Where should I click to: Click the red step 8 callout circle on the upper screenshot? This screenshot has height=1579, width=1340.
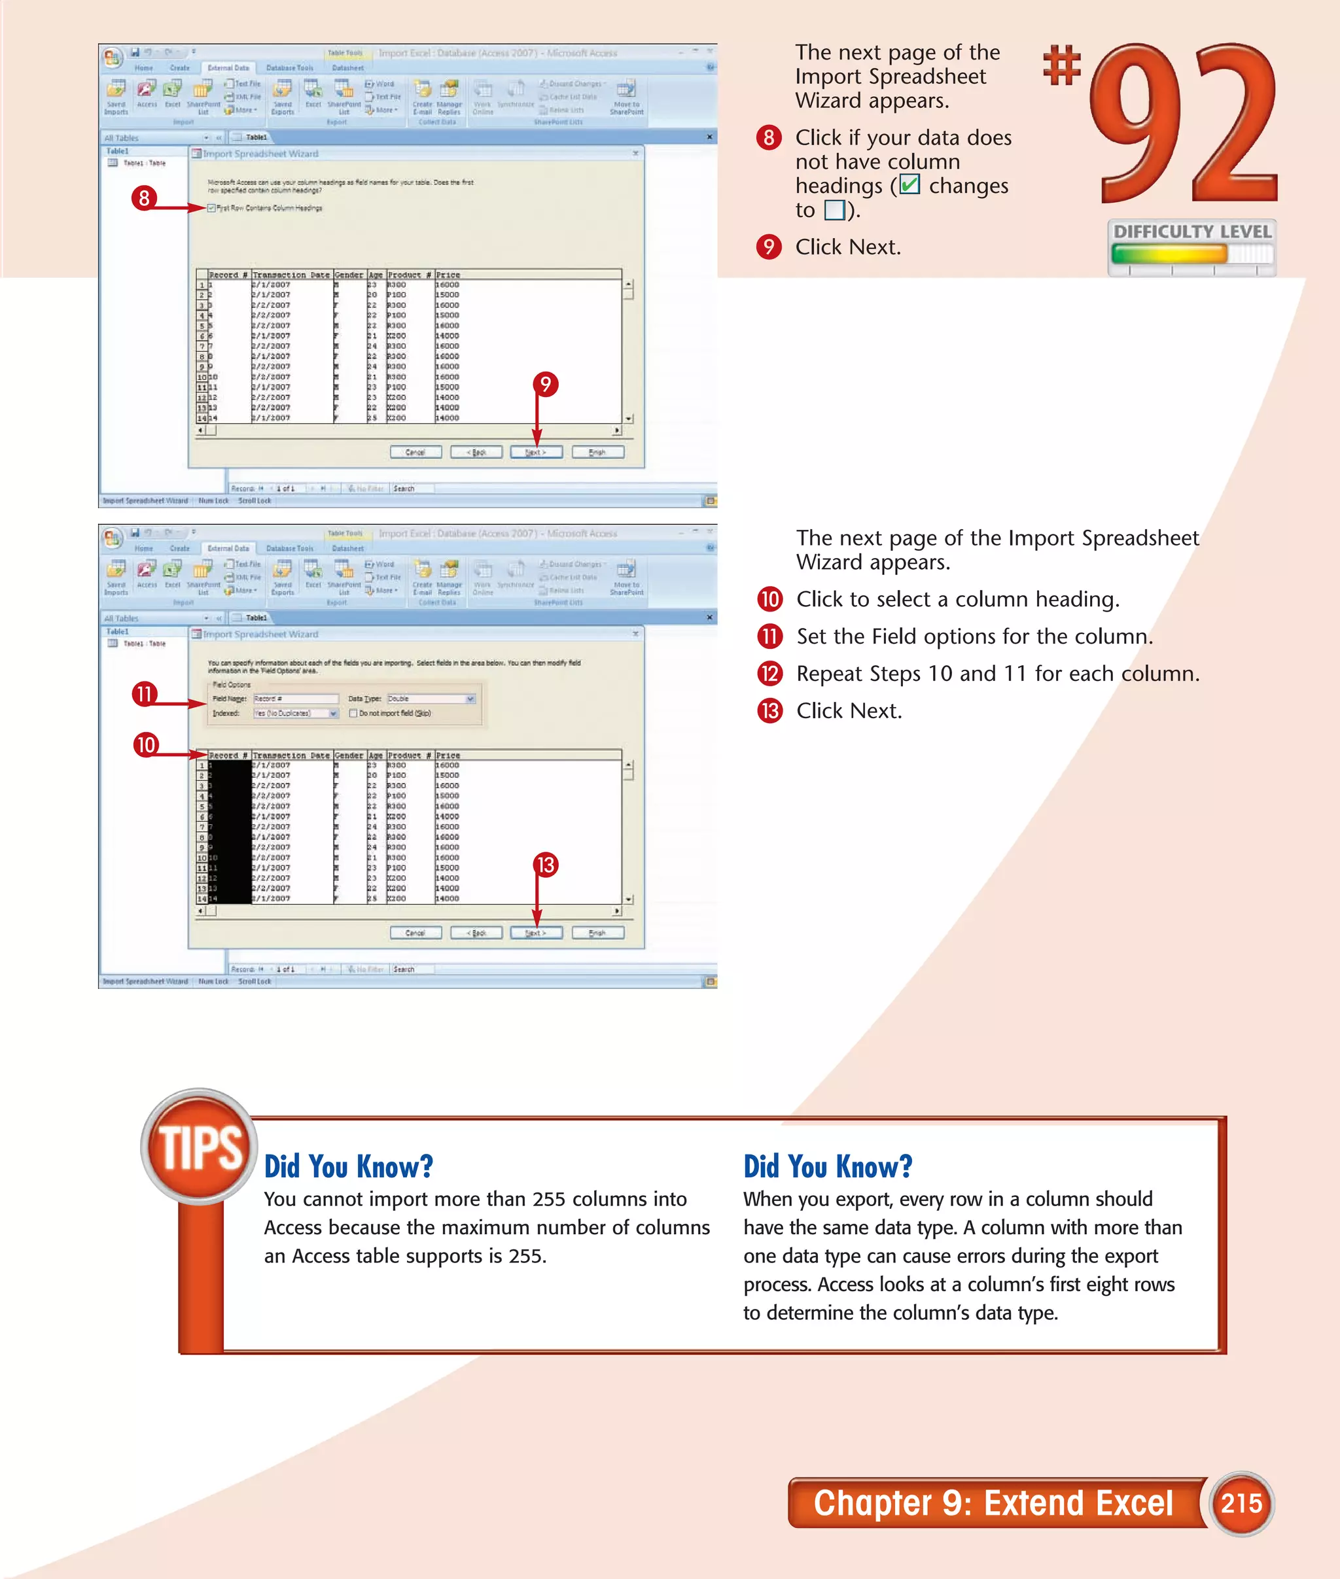pos(143,198)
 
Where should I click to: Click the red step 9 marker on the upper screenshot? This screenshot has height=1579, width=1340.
pos(544,385)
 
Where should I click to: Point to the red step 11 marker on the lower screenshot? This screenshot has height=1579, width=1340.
pos(143,693)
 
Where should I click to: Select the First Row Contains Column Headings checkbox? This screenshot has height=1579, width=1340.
pos(212,208)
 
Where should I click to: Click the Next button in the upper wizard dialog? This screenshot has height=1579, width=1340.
pos(537,452)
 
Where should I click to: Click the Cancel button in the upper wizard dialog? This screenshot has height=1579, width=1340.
pos(415,452)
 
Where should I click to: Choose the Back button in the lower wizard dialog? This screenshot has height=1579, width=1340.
pos(476,933)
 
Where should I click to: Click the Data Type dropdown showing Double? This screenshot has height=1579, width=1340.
pos(431,699)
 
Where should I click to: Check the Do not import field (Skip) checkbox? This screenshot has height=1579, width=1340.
pos(353,713)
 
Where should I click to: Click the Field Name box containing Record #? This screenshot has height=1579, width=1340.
pos(296,699)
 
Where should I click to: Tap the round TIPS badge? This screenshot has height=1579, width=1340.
pos(199,1147)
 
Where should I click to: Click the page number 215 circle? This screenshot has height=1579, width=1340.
pos(1241,1503)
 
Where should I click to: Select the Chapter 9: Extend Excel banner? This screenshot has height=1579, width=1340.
pos(994,1503)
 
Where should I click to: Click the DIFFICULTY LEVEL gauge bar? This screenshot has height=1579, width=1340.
pos(1190,254)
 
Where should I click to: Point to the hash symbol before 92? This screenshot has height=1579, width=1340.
pos(1061,65)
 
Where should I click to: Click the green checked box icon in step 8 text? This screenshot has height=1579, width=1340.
pos(909,184)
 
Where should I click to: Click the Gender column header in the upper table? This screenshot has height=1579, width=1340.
pos(349,275)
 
